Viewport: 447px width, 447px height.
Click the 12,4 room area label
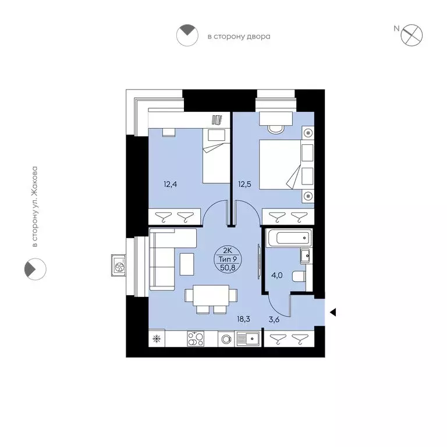pos(171,185)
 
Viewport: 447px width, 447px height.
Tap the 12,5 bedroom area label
pos(245,185)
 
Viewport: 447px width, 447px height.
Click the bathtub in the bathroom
pos(288,238)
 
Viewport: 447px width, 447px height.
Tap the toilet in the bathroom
pos(297,277)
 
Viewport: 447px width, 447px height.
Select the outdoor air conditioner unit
pos(119,267)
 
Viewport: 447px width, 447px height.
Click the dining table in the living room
pos(211,295)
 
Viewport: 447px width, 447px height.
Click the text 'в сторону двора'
pos(239,37)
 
